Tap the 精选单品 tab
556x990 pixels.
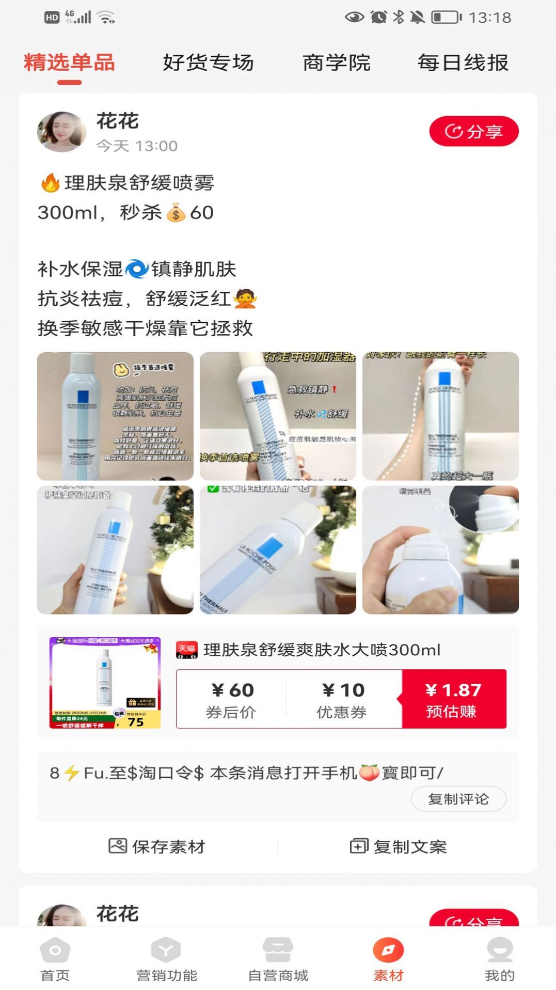point(69,63)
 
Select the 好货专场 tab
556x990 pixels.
point(208,63)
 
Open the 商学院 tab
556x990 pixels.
point(336,63)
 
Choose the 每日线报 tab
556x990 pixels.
point(463,63)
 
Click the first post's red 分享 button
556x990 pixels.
point(473,131)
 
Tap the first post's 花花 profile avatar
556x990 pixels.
point(62,132)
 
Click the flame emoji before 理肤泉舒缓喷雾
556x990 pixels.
point(50,183)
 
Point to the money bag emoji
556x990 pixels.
point(176,212)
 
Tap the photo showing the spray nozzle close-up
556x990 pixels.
point(440,550)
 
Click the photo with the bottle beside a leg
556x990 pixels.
point(440,416)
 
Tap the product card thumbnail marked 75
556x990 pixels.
point(105,683)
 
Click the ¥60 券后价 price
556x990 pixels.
point(232,699)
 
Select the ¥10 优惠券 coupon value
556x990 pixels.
point(343,699)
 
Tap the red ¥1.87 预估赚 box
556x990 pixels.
point(453,699)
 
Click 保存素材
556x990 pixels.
point(157,846)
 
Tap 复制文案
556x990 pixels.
point(398,846)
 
